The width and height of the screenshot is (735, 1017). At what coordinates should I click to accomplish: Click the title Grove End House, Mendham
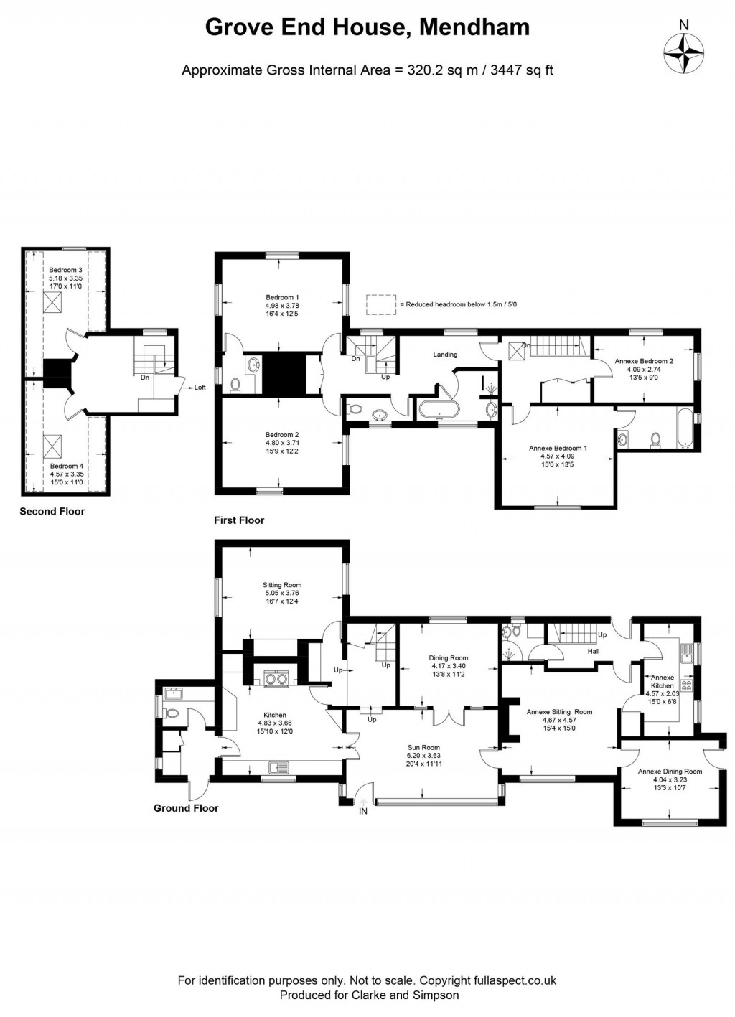(367, 27)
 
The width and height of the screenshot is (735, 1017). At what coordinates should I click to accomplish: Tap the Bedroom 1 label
(282, 297)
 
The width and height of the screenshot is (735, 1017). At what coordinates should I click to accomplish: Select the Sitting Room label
(282, 585)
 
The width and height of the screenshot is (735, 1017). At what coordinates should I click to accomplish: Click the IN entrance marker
(363, 811)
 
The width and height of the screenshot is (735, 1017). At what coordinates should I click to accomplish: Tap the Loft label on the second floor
(200, 388)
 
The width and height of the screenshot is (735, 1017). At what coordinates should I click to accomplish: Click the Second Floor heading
(52, 512)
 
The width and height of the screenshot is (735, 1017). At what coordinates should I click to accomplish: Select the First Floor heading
(239, 520)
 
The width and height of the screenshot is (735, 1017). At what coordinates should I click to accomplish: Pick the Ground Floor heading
(186, 808)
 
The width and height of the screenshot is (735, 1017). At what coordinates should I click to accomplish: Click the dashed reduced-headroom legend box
(380, 304)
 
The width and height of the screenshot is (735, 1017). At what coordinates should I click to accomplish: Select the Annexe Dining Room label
(670, 772)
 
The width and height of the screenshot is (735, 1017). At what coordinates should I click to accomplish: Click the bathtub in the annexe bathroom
(686, 428)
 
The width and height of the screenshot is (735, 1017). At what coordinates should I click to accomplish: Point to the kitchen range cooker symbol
(276, 679)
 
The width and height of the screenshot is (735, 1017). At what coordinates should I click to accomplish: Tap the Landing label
(445, 355)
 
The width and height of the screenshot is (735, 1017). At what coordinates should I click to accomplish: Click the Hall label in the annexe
(593, 652)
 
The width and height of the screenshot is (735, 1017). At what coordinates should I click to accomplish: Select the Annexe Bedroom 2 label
(644, 362)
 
